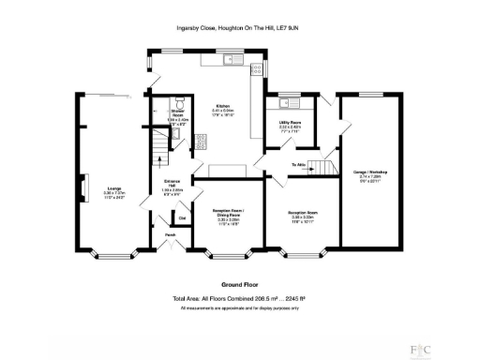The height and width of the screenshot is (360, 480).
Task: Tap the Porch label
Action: [x=171, y=234]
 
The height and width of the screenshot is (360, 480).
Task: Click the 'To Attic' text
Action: [x=299, y=164]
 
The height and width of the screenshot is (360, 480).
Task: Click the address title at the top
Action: [x=239, y=28]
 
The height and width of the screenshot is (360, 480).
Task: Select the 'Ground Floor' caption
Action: [x=239, y=284]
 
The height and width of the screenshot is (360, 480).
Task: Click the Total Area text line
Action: [x=239, y=299]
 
